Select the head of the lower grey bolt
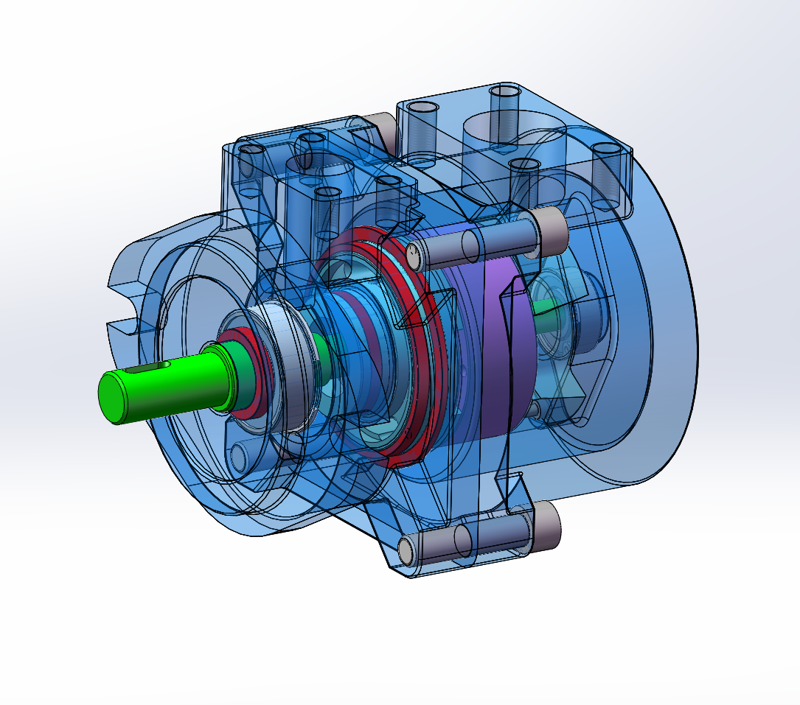click(546, 526)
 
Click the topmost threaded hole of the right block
click(506, 94)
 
